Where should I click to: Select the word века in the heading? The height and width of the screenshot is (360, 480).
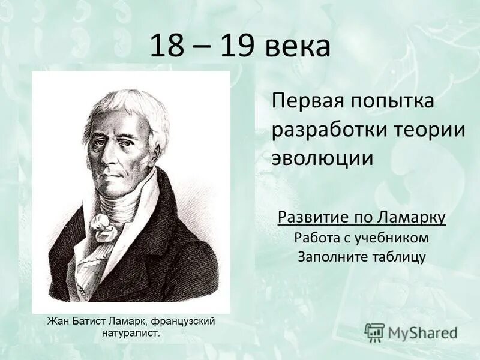(298, 47)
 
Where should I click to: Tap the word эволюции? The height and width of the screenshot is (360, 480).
(322, 158)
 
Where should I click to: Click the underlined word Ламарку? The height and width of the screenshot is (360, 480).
(413, 217)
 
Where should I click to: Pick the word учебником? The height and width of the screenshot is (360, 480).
(392, 237)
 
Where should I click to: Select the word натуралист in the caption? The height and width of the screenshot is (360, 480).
(130, 334)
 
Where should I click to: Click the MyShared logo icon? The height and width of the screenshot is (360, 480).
(375, 332)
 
